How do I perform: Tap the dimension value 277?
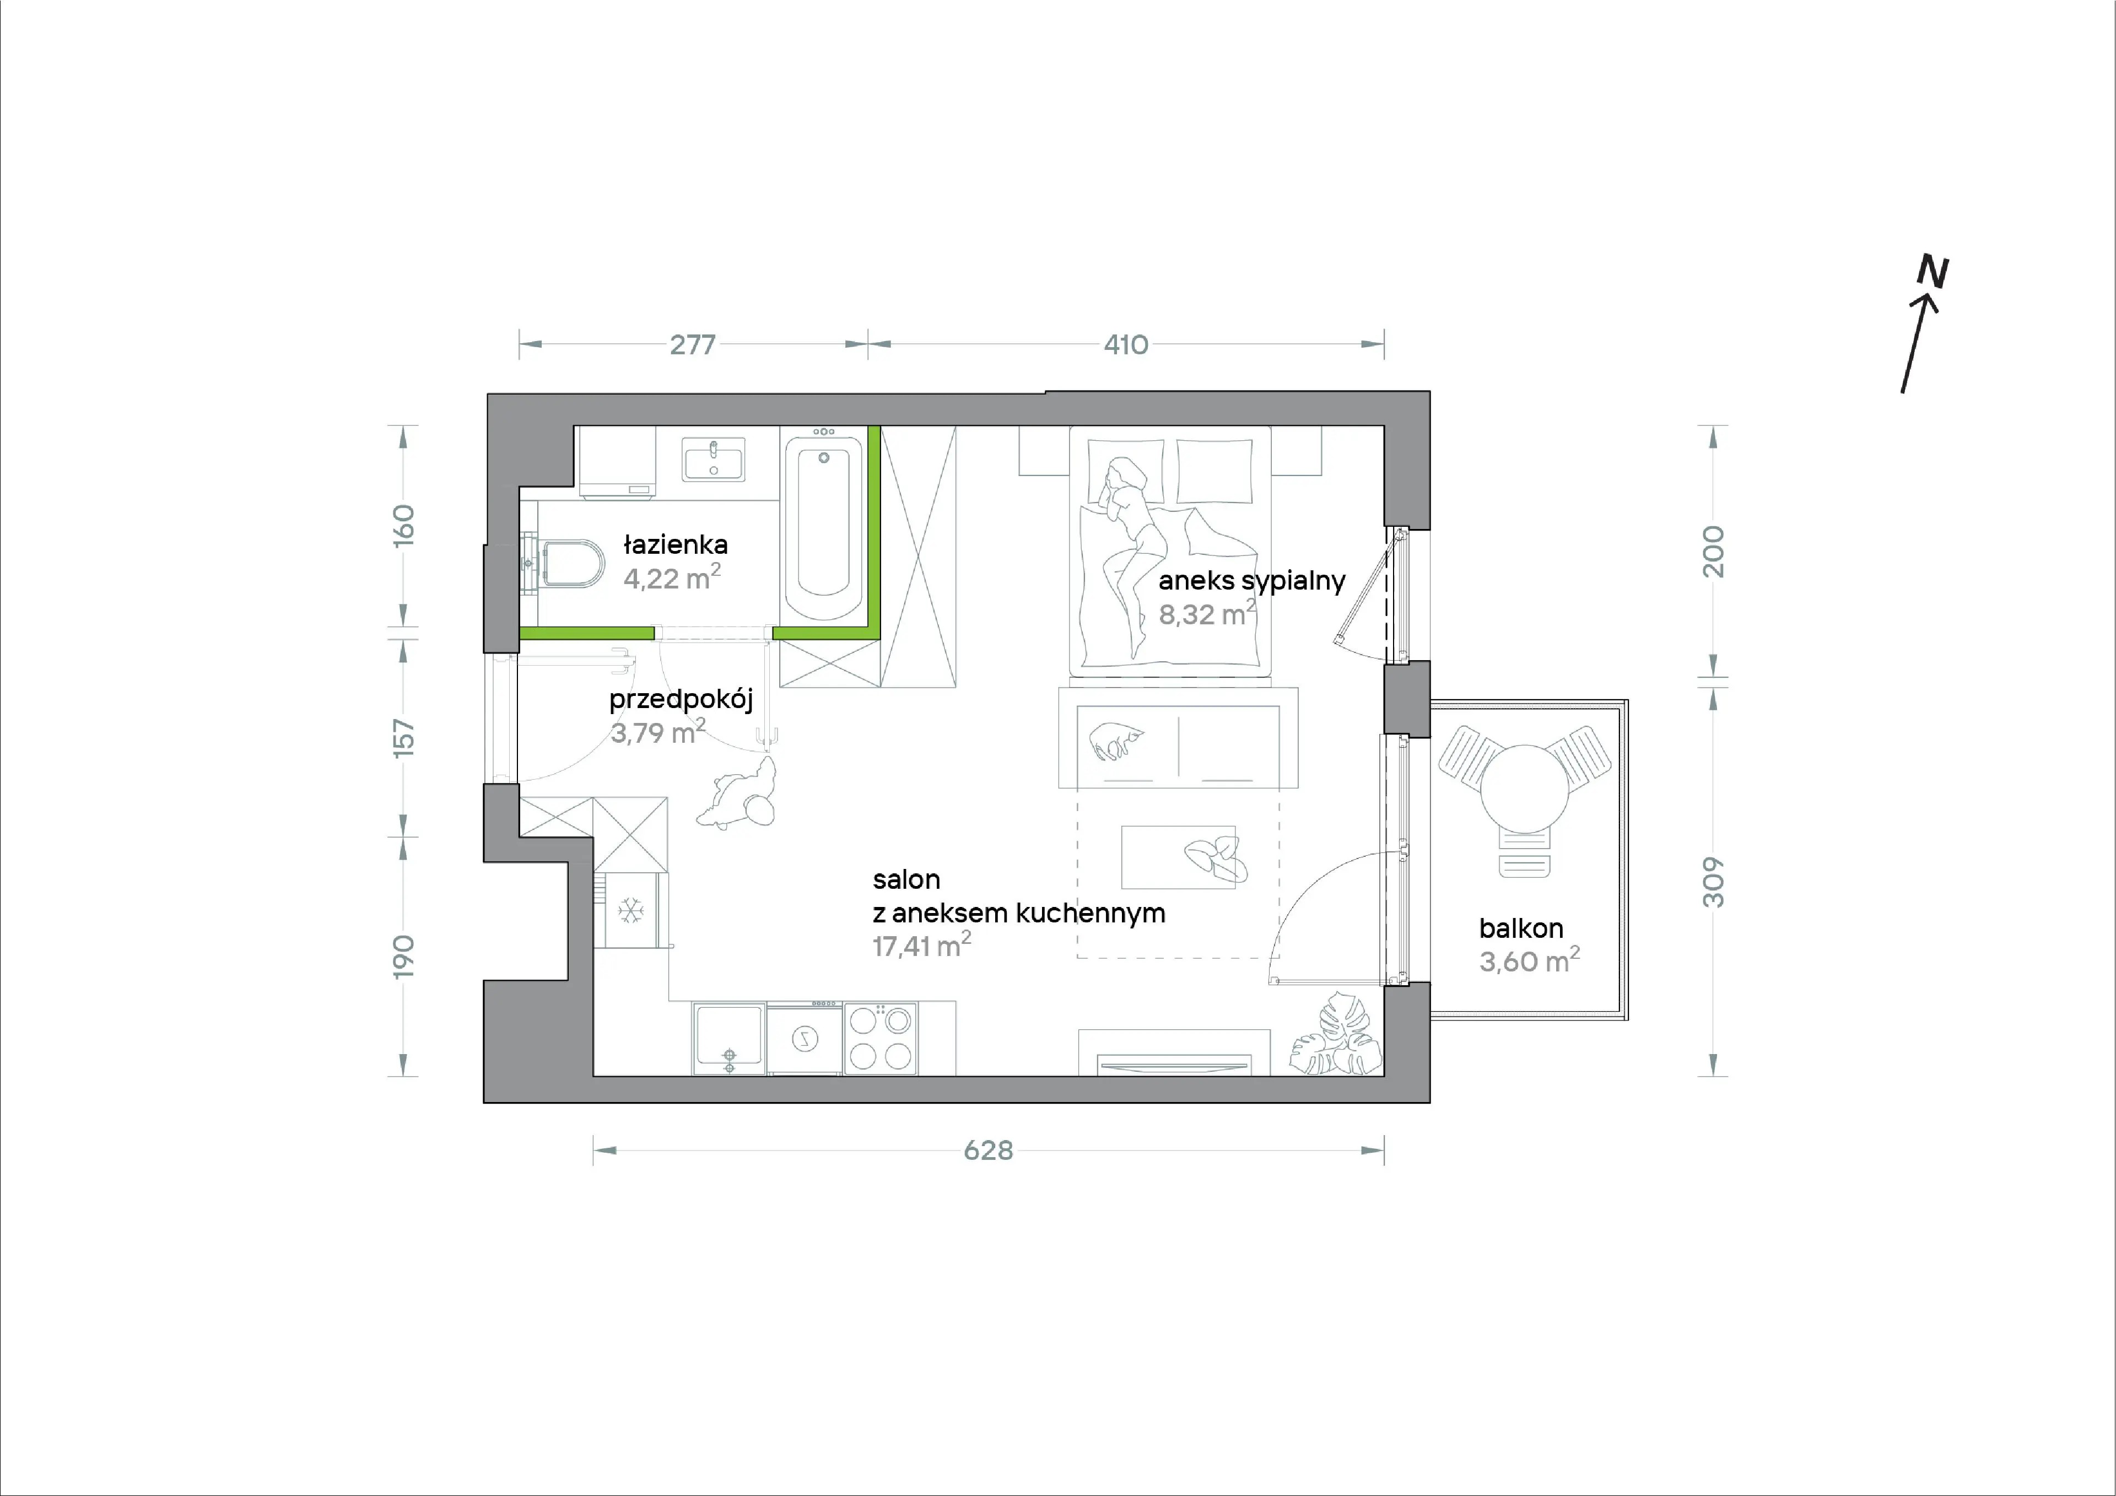pyautogui.click(x=692, y=345)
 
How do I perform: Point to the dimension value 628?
pyautogui.click(x=988, y=1151)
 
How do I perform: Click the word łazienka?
pyautogui.click(x=676, y=545)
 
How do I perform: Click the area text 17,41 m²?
pyautogui.click(x=921, y=945)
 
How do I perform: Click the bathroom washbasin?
pyautogui.click(x=713, y=459)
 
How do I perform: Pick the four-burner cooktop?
pyautogui.click(x=880, y=1038)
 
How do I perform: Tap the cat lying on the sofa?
pyautogui.click(x=1117, y=740)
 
